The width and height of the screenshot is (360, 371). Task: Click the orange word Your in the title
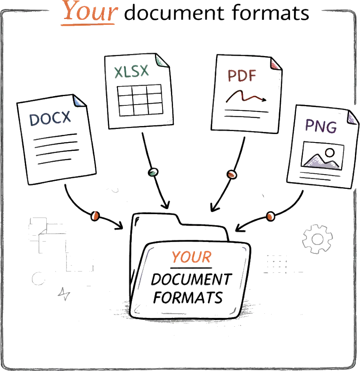pyautogui.click(x=89, y=12)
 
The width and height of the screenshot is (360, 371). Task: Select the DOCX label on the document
pyautogui.click(x=51, y=119)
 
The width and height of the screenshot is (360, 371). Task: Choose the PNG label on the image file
pyautogui.click(x=321, y=126)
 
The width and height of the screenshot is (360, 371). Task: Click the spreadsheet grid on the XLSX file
pyautogui.click(x=141, y=101)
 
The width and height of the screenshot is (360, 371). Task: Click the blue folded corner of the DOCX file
pyautogui.click(x=78, y=101)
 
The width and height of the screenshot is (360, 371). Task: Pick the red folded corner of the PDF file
pyautogui.click(x=275, y=65)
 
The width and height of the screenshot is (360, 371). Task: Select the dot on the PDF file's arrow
pyautogui.click(x=231, y=174)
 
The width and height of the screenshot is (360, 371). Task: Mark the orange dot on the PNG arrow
pyautogui.click(x=270, y=216)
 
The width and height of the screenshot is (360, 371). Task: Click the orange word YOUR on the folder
pyautogui.click(x=191, y=257)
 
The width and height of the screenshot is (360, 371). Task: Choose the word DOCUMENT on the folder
pyautogui.click(x=191, y=280)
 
